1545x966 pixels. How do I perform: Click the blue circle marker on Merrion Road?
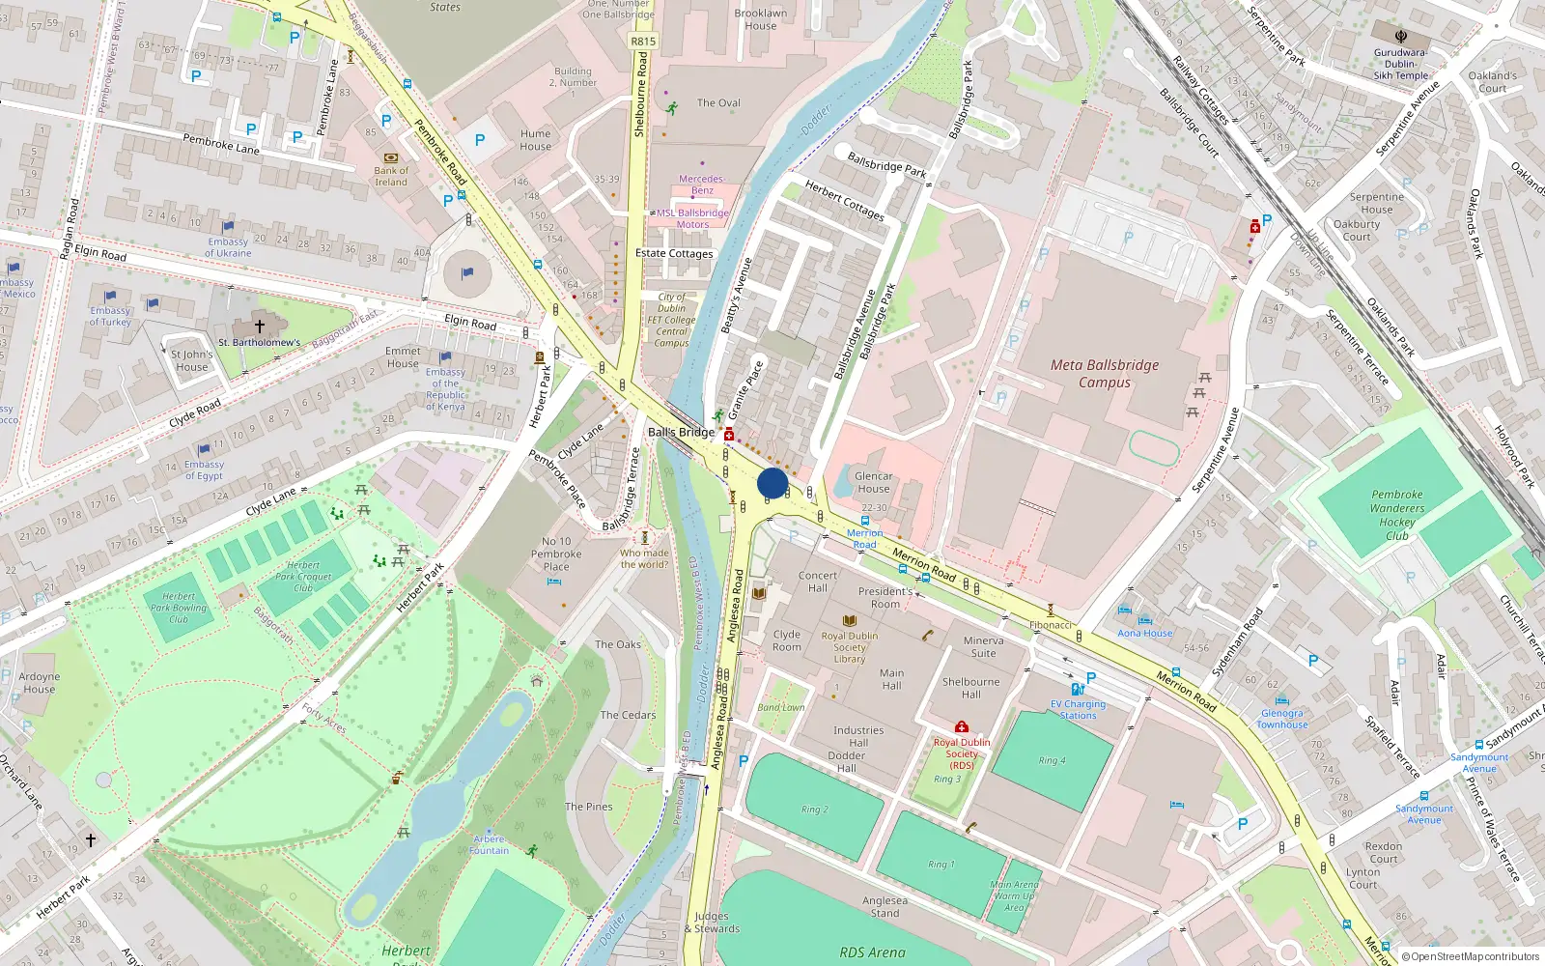(772, 483)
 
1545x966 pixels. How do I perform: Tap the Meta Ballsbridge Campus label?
(1105, 374)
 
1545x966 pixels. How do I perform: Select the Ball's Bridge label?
(681, 432)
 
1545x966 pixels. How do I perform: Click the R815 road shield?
(643, 41)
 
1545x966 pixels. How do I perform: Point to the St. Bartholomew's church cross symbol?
(259, 327)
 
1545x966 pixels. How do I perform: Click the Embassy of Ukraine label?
(228, 247)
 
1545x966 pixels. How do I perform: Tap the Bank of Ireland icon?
(391, 156)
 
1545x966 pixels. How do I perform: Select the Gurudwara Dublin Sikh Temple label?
(1400, 64)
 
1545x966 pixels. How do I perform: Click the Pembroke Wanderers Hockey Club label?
(1396, 515)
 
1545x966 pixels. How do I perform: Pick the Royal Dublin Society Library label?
(850, 647)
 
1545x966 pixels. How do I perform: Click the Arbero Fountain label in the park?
(490, 845)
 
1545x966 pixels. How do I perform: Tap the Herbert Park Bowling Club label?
(179, 609)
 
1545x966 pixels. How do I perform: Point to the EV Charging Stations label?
(1078, 710)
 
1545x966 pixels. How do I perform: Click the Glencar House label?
(873, 482)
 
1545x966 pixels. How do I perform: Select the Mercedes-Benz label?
(701, 185)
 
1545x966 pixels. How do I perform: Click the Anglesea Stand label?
(885, 906)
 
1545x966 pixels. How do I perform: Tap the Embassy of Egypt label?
(204, 469)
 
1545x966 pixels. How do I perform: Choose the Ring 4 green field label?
(1053, 760)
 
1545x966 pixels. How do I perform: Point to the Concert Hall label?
(817, 582)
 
